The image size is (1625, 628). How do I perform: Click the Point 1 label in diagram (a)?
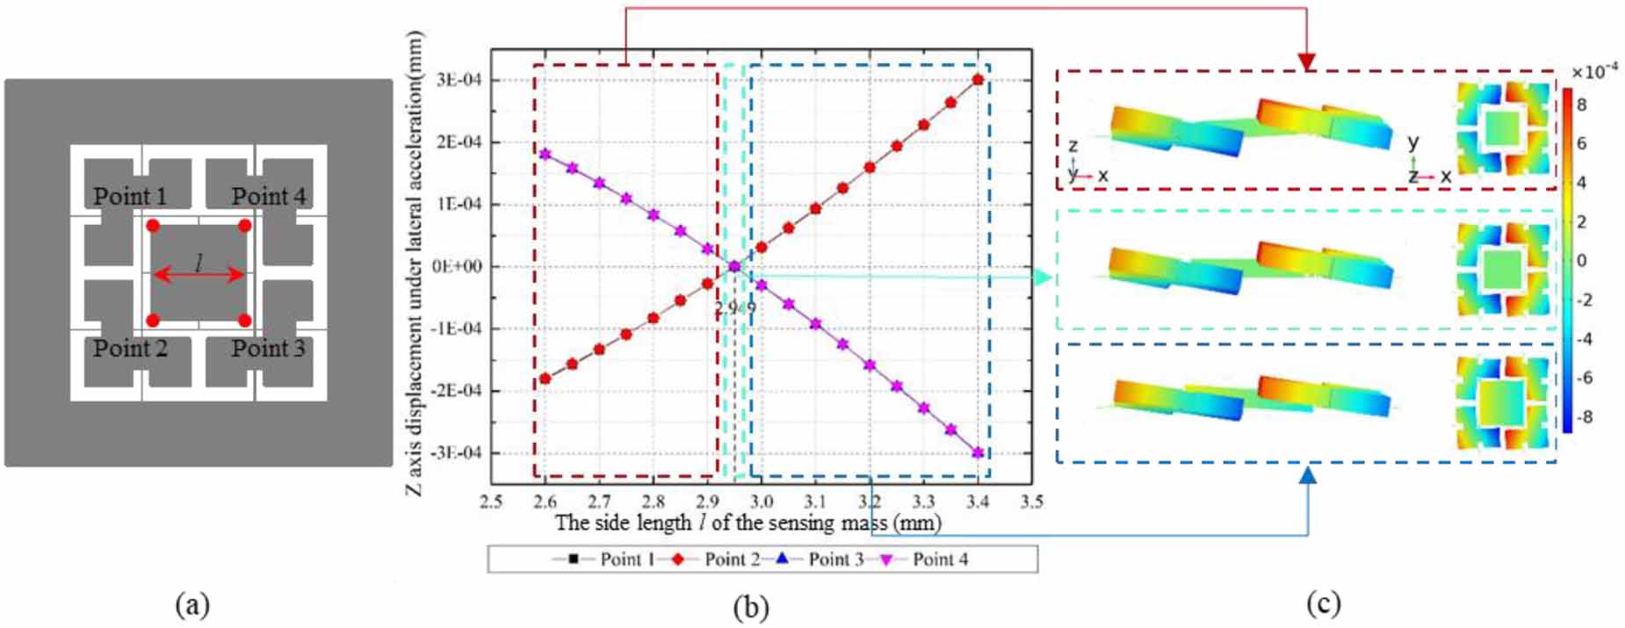(130, 196)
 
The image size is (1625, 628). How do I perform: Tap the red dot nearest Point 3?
(244, 321)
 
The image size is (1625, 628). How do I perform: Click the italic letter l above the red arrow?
(199, 261)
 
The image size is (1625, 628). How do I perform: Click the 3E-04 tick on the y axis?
(458, 80)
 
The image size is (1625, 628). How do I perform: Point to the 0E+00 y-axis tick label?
(457, 266)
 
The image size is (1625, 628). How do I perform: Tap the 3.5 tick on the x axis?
(1031, 502)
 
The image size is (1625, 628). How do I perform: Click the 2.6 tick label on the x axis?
(545, 502)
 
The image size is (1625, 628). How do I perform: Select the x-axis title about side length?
(747, 523)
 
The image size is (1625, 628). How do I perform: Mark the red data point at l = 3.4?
(978, 80)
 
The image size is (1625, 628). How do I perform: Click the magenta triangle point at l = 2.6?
(545, 154)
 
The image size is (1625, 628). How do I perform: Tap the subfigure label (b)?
(751, 606)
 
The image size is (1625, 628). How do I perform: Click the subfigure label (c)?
(1324, 603)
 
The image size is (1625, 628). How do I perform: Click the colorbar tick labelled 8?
(1581, 105)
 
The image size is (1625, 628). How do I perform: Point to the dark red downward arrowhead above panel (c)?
(1306, 61)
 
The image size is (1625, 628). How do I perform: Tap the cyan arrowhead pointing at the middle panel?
(1043, 278)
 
